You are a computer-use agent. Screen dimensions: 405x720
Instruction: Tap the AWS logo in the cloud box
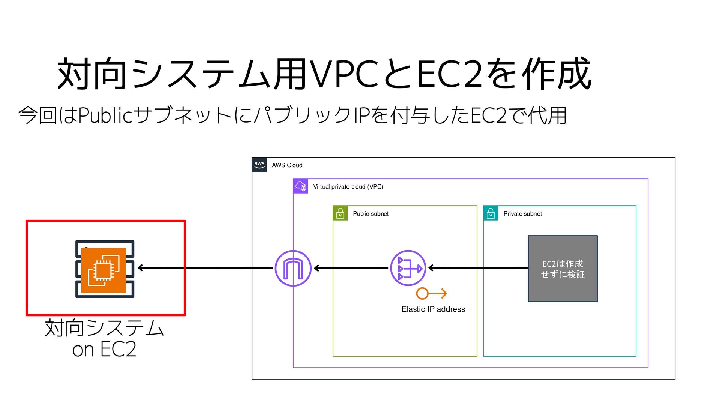(259, 165)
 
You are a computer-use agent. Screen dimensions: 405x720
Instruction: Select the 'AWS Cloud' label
(287, 165)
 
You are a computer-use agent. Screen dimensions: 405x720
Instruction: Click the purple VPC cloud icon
(301, 186)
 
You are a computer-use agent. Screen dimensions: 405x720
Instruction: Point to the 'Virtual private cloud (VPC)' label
(348, 187)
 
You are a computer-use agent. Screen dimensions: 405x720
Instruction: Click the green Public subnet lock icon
(340, 213)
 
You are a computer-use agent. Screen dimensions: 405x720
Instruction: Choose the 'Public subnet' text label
(370, 214)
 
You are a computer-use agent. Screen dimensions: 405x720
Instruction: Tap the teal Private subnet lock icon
(490, 213)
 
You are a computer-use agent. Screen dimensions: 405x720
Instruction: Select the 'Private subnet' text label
(522, 214)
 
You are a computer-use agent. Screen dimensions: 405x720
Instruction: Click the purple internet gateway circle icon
(293, 268)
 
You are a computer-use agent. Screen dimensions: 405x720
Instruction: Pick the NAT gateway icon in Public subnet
(408, 268)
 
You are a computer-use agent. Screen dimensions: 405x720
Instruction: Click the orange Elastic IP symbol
(431, 293)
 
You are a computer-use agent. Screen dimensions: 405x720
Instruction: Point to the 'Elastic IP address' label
(433, 309)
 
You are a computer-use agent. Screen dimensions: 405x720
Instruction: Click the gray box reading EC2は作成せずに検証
(562, 269)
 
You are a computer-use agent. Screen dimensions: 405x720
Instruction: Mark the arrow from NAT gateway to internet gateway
(351, 268)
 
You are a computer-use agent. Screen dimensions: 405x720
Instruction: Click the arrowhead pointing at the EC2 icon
(141, 268)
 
